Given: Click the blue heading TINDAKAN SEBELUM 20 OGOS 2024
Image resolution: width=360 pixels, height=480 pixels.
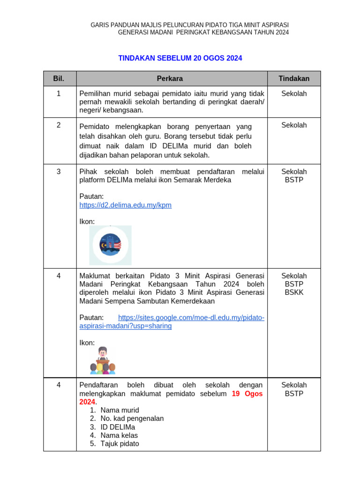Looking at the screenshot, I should pos(180,58).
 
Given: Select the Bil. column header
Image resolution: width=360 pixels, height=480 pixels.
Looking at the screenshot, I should pos(59,78).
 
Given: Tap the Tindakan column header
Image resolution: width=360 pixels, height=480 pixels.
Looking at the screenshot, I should pos(294,78).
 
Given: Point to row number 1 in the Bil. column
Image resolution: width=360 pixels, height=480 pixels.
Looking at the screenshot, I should pos(59,94).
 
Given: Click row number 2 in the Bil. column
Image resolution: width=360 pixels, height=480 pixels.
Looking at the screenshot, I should pos(59,125).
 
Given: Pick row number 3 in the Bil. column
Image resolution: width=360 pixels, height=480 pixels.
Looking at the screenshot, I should pos(59,172).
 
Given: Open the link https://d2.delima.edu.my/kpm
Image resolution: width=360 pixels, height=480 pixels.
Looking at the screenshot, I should pos(126,205).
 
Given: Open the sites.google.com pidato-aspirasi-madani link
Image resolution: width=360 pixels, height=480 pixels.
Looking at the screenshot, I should pos(191,318).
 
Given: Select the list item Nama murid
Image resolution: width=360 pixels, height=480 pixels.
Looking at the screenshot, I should pos(120,410).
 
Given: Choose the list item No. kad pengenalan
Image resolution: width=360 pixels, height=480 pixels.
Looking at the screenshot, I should pos(132,419).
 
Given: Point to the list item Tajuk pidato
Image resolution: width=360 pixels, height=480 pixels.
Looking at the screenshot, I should pos(120,443).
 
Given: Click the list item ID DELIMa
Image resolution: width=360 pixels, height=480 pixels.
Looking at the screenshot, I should pos(118,427).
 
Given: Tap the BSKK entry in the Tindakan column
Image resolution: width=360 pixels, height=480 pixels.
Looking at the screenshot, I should pos(294,292).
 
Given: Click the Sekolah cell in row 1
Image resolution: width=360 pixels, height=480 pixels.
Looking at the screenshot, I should pos(294,94).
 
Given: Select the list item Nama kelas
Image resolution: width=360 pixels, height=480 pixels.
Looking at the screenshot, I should pos(119,435).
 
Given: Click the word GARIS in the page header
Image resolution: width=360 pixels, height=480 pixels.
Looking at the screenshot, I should pos(100,24).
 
